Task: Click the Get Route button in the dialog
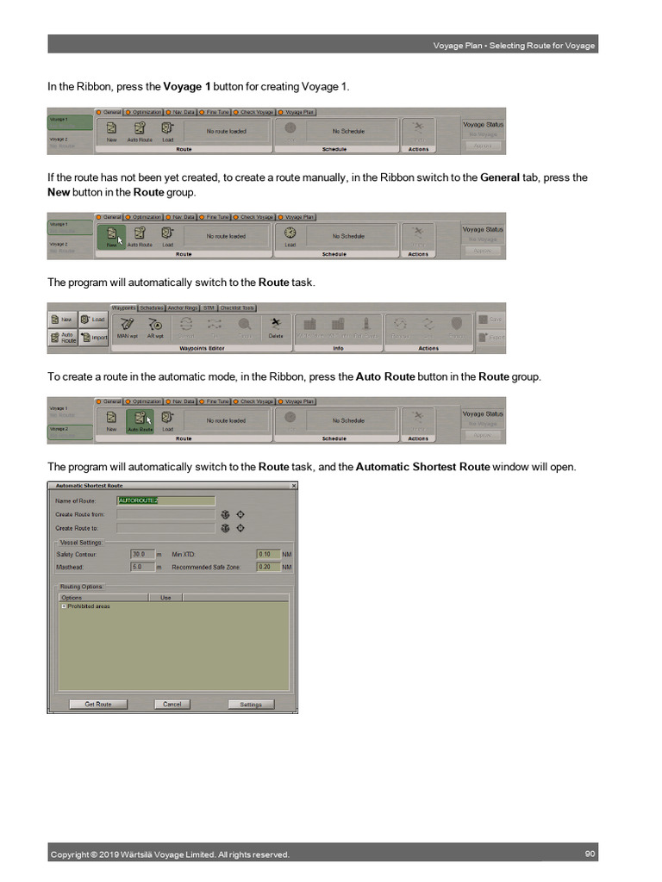coord(97,704)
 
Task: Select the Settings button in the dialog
coord(250,704)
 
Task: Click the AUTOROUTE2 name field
coord(165,500)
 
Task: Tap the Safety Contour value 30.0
coord(142,554)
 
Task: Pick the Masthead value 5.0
coord(142,568)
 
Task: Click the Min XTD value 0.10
coord(268,554)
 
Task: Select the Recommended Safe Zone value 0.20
coord(268,568)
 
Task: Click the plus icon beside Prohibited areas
coord(62,606)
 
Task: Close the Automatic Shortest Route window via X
coord(293,486)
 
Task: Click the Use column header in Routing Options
coord(165,597)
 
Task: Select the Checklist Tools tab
coord(237,307)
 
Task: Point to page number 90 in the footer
coord(590,854)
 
